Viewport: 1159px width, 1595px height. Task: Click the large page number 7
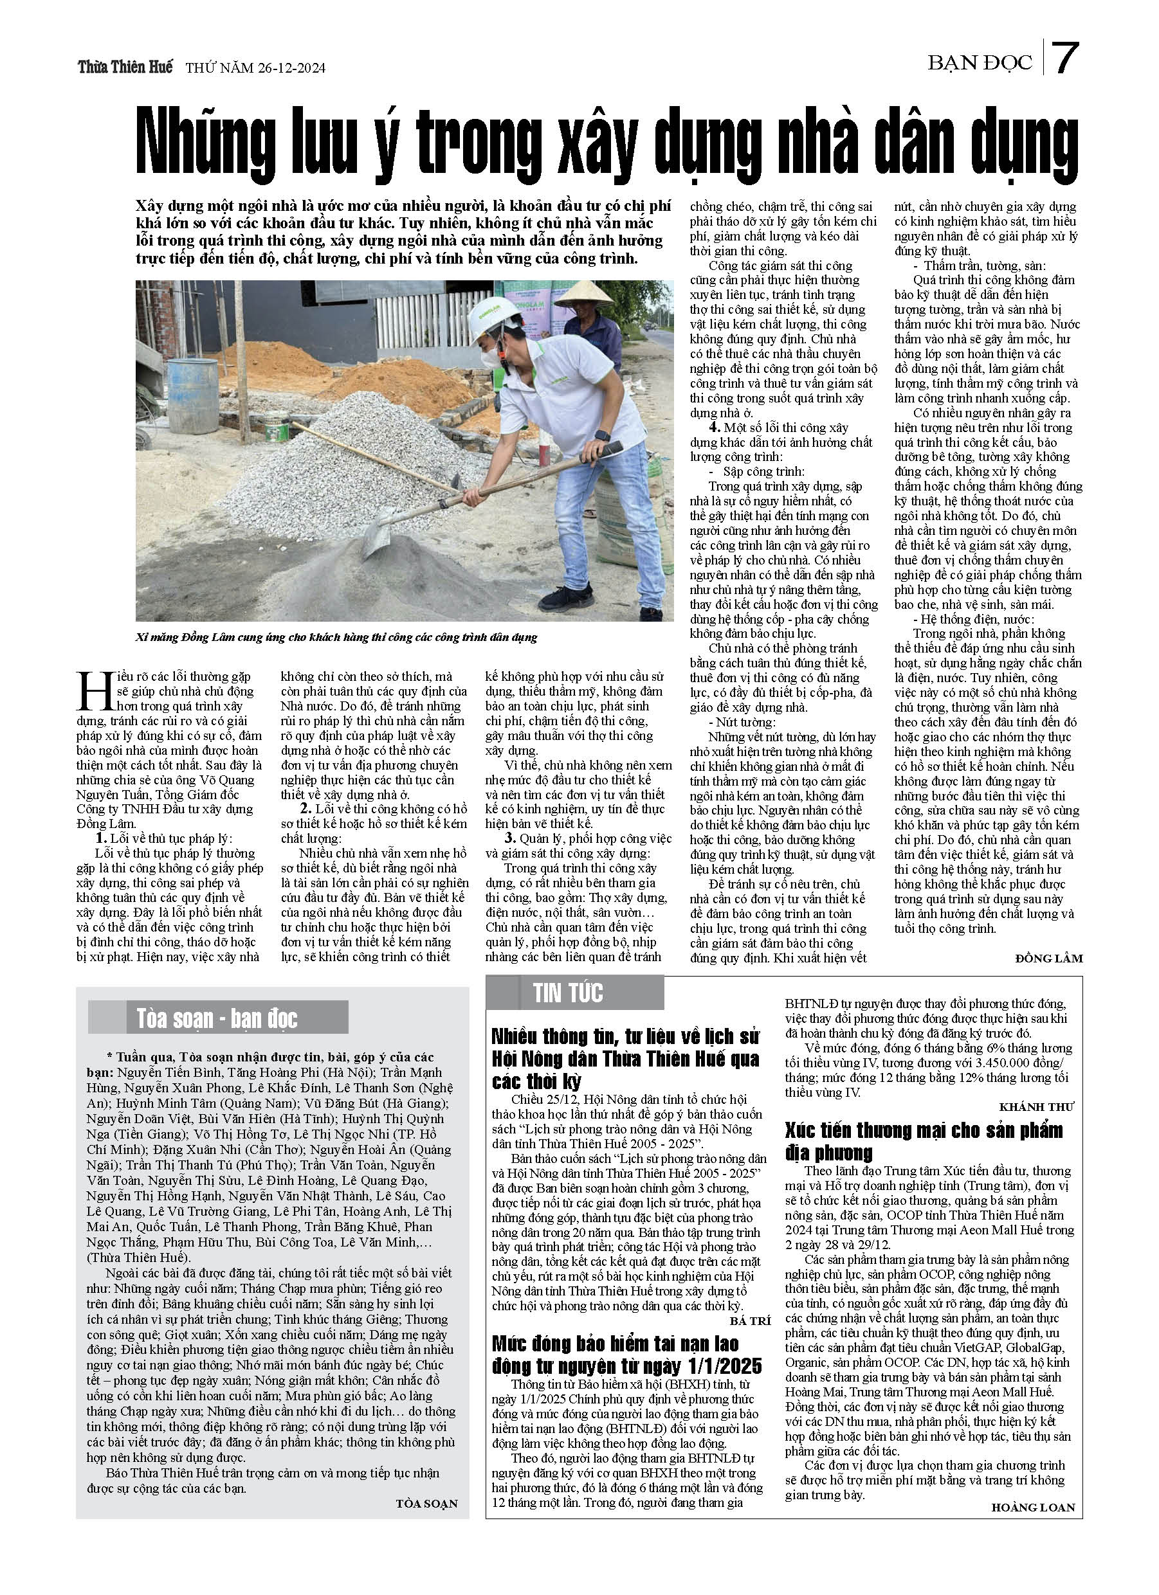click(x=1065, y=59)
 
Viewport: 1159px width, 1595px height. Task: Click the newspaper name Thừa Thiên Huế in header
click(x=125, y=68)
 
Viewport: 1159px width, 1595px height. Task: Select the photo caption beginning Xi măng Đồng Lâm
click(x=336, y=637)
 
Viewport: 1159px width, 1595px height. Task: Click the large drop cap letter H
click(x=95, y=692)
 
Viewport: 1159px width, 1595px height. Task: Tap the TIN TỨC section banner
click(x=568, y=993)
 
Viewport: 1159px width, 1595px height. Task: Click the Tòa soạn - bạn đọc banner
click(x=217, y=1018)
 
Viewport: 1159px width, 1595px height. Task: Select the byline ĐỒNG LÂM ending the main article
click(x=1048, y=958)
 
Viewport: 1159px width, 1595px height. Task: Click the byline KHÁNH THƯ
click(x=1037, y=1107)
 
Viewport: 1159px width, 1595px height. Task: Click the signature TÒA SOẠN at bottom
click(x=426, y=1504)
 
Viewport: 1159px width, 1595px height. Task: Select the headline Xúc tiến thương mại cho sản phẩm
click(x=923, y=1130)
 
